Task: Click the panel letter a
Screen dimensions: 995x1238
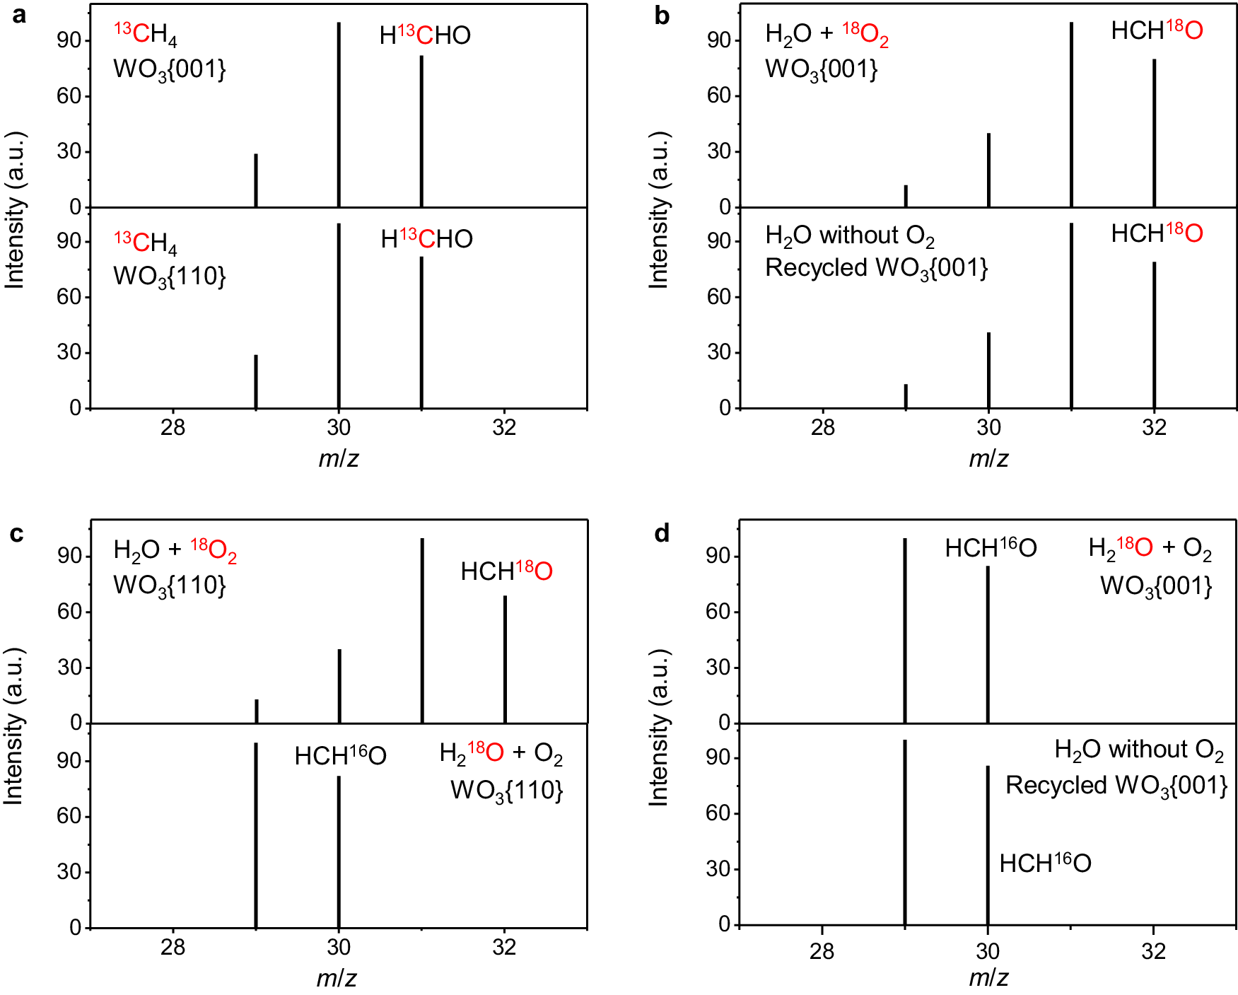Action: click(19, 15)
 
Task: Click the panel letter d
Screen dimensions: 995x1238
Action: click(662, 533)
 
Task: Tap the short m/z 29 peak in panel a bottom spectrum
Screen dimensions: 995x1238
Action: click(256, 381)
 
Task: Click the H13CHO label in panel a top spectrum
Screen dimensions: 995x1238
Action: click(425, 35)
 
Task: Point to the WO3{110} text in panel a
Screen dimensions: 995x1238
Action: click(170, 277)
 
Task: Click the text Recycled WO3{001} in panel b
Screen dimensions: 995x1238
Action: click(876, 268)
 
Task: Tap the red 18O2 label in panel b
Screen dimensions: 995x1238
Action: click(865, 33)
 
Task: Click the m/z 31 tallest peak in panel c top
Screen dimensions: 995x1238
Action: click(422, 629)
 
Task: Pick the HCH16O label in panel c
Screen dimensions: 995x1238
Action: click(340, 756)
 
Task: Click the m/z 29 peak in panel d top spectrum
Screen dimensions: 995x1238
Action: click(904, 629)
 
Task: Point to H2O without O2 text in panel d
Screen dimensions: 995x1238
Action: click(1139, 750)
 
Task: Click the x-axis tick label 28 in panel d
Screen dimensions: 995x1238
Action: click(822, 951)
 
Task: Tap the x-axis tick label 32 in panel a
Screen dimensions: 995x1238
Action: click(504, 427)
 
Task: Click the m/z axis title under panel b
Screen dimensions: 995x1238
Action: click(988, 458)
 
